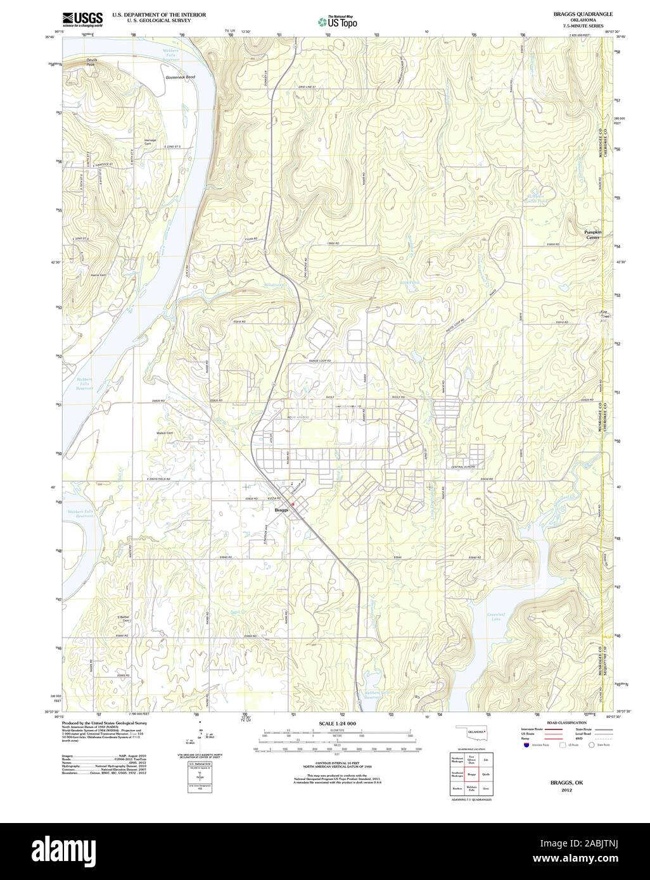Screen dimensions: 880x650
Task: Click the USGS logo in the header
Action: pyautogui.click(x=82, y=19)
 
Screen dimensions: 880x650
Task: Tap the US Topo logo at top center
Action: pyautogui.click(x=338, y=22)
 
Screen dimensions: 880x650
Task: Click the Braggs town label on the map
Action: pyautogui.click(x=281, y=510)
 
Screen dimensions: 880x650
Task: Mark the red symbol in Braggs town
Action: pyautogui.click(x=293, y=504)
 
